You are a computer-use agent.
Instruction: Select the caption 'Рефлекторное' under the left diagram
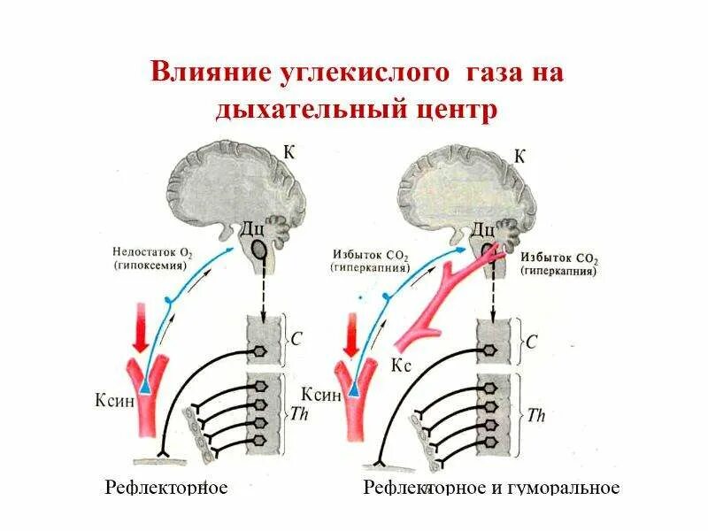click(166, 488)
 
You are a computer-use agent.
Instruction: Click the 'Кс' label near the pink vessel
click(399, 365)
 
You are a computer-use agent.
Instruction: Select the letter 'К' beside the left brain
click(289, 152)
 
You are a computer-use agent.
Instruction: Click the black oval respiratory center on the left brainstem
click(258, 250)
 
